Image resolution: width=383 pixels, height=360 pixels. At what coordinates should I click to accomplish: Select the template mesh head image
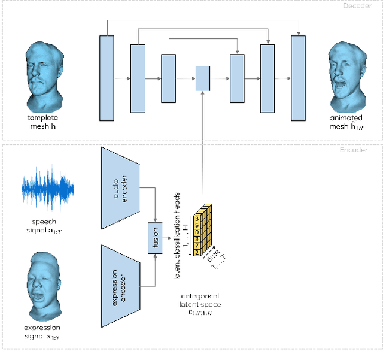(46, 71)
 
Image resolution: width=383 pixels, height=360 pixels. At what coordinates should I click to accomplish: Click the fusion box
(155, 236)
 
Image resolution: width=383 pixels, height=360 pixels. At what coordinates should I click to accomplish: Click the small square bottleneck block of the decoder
(203, 78)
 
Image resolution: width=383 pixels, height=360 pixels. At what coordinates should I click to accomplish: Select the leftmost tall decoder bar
(107, 78)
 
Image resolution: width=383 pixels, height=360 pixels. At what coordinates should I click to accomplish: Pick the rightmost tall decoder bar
(298, 78)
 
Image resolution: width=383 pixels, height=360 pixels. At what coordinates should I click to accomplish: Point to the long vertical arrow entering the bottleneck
(203, 150)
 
